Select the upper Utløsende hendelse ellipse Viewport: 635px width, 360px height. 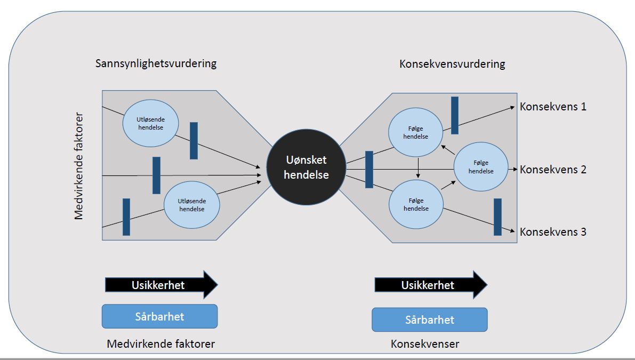pos(150,123)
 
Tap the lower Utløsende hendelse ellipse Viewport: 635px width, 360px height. pos(192,205)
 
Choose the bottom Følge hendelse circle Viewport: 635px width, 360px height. pos(416,204)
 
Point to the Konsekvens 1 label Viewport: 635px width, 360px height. pos(553,107)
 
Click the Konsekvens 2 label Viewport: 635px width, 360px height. pos(553,170)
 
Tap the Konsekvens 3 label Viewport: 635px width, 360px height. pos(553,232)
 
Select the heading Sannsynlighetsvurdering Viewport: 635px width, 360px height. pos(156,63)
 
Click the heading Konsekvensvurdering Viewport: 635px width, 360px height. pos(452,65)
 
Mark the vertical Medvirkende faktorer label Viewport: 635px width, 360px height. pos(79,166)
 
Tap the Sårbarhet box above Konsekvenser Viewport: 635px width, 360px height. pos(430,320)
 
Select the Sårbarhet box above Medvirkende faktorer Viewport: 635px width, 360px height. pos(159,316)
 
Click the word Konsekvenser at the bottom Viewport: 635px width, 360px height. pos(424,344)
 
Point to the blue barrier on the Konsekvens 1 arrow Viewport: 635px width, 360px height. pos(455,115)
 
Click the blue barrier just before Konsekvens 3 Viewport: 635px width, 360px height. pos(497,217)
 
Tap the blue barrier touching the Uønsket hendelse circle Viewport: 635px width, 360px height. pos(369,170)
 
